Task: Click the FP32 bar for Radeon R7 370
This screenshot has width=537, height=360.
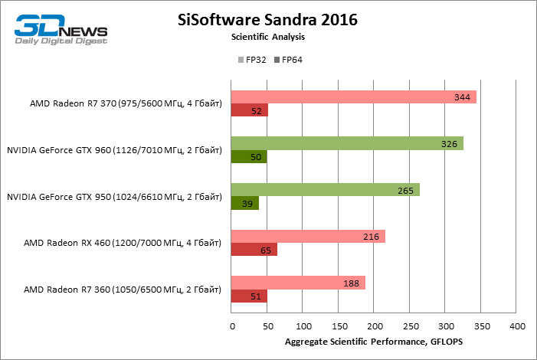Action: (x=353, y=97)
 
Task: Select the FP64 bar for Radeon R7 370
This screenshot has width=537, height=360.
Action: (x=250, y=110)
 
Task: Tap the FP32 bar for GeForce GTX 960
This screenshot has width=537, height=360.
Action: (x=347, y=143)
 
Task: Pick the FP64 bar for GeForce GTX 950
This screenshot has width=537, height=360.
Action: (x=245, y=203)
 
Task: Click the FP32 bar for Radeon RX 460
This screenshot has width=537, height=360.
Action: (x=308, y=237)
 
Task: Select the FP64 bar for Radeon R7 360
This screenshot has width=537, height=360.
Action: (x=249, y=296)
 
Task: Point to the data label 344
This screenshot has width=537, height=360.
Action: (x=462, y=97)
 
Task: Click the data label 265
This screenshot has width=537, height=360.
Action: (x=406, y=190)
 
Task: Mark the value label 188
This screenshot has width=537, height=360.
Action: (x=352, y=283)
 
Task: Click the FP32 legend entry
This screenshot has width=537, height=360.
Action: (x=252, y=60)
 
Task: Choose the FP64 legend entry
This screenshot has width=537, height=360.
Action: (x=288, y=60)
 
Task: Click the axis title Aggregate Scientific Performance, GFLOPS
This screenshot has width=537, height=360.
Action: (x=375, y=341)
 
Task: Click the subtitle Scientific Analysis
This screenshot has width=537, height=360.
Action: (x=268, y=37)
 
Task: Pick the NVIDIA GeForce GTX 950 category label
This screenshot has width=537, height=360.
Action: (x=114, y=197)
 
